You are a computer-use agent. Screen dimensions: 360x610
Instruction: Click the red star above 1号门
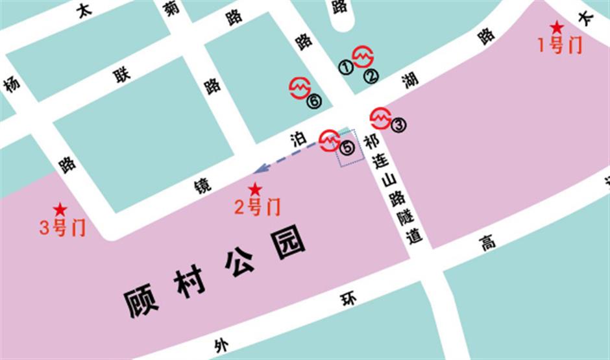tap(557, 28)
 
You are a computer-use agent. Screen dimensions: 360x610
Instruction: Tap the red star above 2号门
tap(255, 189)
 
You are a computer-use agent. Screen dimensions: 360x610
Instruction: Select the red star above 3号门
tap(60, 210)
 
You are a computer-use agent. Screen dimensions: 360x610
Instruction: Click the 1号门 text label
tap(559, 45)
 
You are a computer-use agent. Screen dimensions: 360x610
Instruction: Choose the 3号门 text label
tap(62, 228)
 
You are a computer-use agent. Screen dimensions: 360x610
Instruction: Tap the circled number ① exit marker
tap(346, 67)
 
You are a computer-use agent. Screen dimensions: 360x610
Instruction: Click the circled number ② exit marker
tap(371, 76)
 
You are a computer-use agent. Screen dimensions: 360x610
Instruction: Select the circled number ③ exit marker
tap(398, 125)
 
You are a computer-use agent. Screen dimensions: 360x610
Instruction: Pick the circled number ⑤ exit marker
tap(348, 148)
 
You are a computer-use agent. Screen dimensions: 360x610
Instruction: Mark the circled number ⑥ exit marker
tap(314, 101)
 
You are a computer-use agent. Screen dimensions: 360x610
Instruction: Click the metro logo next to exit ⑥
tap(300, 88)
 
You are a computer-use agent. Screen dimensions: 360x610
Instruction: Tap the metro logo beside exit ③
tap(380, 118)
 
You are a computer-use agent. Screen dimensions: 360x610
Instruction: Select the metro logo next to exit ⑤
tap(330, 141)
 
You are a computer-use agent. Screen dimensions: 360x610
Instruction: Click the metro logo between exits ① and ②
tap(363, 56)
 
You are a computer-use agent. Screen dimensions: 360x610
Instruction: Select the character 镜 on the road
tap(203, 186)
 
